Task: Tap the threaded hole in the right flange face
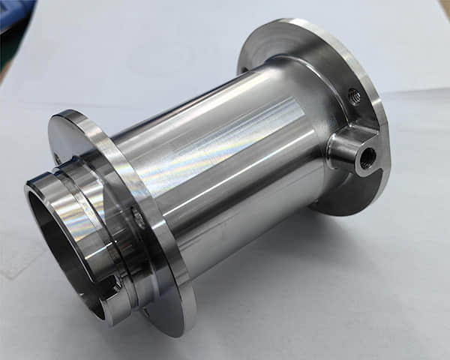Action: point(354,96)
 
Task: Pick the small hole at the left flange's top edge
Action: point(57,158)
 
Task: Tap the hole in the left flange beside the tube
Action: point(139,219)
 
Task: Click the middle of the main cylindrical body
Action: point(225,165)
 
